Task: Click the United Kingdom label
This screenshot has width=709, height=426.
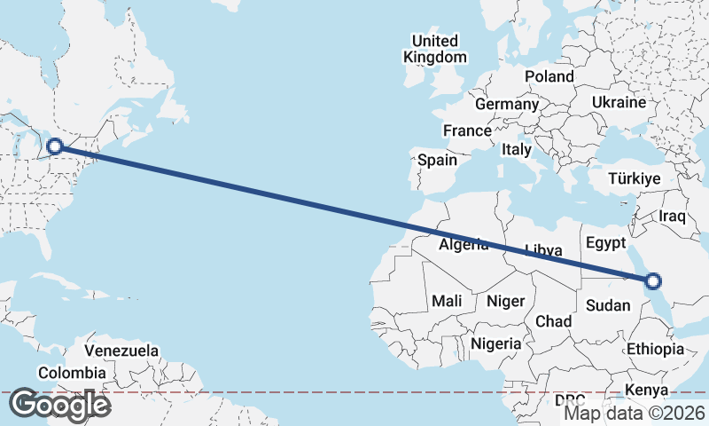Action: (434, 49)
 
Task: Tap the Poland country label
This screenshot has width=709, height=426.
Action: (549, 76)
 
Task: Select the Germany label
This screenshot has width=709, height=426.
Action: (507, 104)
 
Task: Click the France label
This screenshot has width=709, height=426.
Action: (467, 130)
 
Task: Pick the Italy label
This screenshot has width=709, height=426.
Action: (516, 150)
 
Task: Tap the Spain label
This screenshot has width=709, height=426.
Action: (437, 161)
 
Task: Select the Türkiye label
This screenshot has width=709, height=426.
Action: (635, 179)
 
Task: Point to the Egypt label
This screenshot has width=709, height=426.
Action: (606, 242)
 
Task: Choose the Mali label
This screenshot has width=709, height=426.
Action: (447, 301)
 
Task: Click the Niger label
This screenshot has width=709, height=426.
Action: (505, 301)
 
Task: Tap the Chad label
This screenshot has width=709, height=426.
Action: (553, 320)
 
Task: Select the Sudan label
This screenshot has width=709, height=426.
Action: (608, 305)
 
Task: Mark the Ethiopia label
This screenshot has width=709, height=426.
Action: (655, 349)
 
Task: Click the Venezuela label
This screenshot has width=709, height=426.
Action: (121, 351)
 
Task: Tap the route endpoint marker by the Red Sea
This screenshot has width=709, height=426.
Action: (653, 281)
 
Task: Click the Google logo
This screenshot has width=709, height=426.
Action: (60, 405)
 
